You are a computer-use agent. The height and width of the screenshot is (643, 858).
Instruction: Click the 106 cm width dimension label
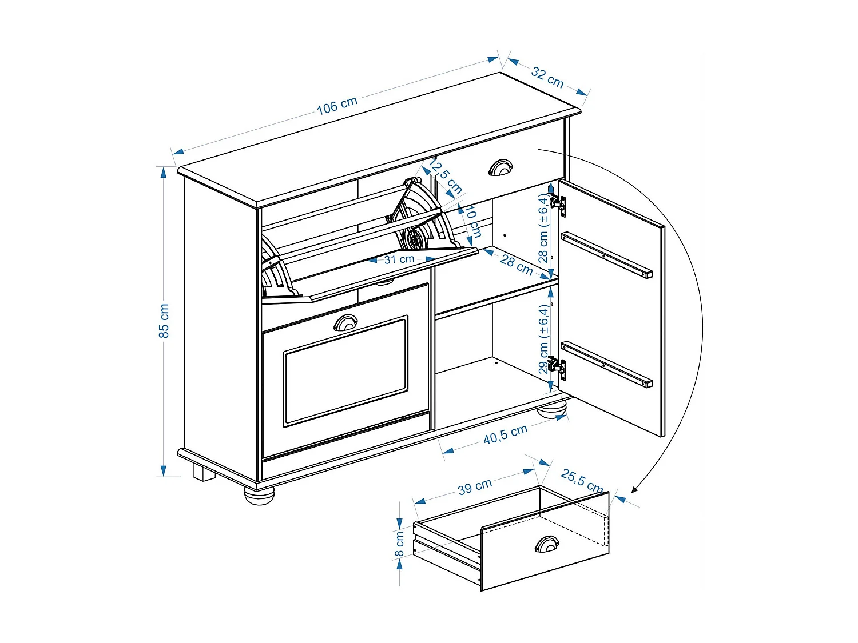click(337, 105)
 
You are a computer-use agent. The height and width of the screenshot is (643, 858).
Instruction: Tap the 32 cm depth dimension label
click(547, 77)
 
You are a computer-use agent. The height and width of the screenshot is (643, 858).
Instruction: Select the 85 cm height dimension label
click(164, 321)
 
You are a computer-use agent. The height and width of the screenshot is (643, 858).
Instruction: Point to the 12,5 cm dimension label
click(446, 177)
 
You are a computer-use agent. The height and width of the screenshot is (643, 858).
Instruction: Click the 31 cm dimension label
click(399, 259)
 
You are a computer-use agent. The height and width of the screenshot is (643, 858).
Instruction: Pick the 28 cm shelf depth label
click(516, 264)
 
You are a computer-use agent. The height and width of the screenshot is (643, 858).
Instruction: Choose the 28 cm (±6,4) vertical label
click(543, 227)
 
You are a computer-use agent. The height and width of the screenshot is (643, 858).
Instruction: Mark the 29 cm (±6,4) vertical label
click(543, 338)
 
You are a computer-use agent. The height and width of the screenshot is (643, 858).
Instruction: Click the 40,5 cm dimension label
click(505, 434)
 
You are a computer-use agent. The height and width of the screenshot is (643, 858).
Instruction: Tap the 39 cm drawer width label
click(475, 487)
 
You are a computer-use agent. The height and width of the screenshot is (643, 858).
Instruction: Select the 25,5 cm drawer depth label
click(582, 480)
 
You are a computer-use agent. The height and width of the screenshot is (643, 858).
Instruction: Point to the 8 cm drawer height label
click(399, 544)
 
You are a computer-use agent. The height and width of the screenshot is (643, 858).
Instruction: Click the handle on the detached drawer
click(547, 544)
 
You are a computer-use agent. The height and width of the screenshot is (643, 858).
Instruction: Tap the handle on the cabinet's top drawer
click(500, 167)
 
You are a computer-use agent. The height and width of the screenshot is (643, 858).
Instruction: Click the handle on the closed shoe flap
click(345, 323)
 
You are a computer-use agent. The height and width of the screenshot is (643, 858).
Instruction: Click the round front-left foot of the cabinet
click(260, 494)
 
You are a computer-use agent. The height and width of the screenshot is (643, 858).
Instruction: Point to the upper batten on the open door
click(606, 255)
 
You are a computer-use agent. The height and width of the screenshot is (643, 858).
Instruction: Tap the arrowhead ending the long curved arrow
click(634, 489)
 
